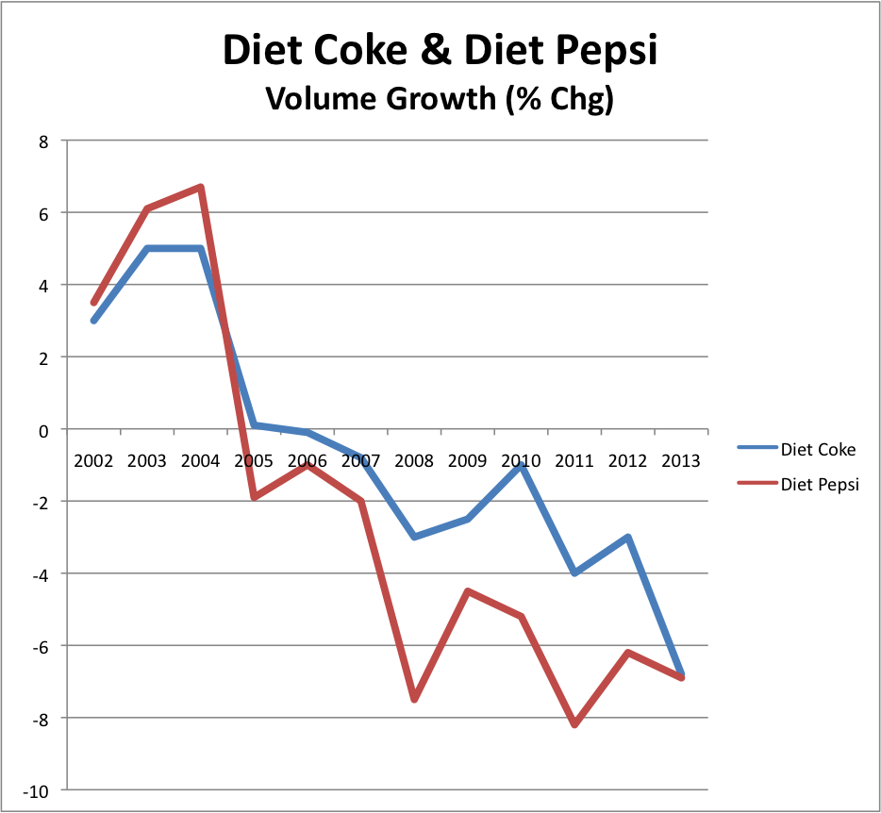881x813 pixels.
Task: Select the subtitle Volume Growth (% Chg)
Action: click(440, 98)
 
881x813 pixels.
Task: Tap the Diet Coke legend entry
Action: click(818, 449)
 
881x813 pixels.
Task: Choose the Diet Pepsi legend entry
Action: click(820, 485)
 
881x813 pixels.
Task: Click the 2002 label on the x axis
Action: click(93, 461)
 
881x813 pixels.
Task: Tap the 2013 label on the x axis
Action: click(681, 461)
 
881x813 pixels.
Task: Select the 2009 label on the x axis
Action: click(467, 461)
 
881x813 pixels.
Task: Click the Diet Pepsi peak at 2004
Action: click(201, 187)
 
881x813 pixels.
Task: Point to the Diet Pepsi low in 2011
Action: click(573, 724)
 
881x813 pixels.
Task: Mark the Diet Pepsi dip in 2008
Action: click(414, 700)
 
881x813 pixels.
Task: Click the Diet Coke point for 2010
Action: click(521, 465)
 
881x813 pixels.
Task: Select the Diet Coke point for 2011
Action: click(573, 573)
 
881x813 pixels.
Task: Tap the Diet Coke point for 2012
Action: click(627, 538)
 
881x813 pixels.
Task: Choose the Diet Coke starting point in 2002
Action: click(93, 321)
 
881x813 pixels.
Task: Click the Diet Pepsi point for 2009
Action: click(467, 591)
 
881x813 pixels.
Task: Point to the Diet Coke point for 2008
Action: click(414, 537)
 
